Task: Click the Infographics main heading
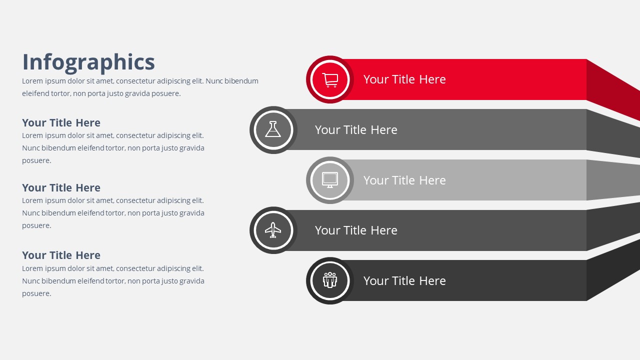[x=88, y=62]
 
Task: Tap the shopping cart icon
[x=330, y=80]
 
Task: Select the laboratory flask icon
[x=273, y=129]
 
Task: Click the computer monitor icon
[x=330, y=180]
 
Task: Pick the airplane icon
[x=273, y=230]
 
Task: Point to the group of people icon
[x=330, y=280]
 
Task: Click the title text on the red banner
[x=404, y=79]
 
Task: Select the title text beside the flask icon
[x=356, y=130]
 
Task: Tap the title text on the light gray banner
[x=404, y=180]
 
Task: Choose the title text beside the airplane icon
[x=356, y=230]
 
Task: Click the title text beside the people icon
[x=404, y=281]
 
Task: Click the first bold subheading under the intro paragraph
[x=61, y=123]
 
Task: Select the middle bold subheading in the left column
[x=61, y=188]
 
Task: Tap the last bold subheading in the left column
[x=61, y=255]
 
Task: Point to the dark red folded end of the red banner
[x=613, y=89]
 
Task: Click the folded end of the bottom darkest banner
[x=613, y=270]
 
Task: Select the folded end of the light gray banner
[x=613, y=180]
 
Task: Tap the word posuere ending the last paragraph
[x=36, y=294]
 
